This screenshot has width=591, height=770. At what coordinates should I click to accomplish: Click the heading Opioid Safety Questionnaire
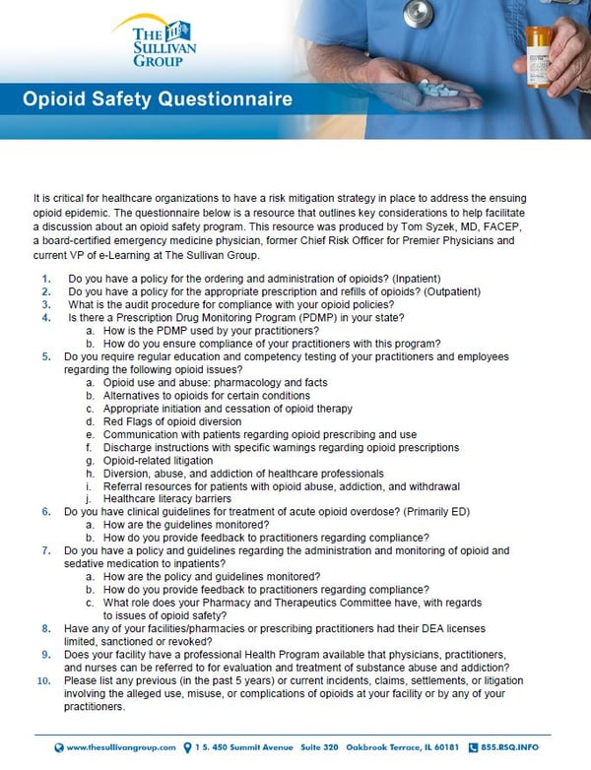click(x=157, y=98)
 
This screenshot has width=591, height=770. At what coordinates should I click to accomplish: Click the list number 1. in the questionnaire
click(x=45, y=279)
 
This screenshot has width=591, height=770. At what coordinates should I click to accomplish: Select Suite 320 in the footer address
click(x=329, y=747)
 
